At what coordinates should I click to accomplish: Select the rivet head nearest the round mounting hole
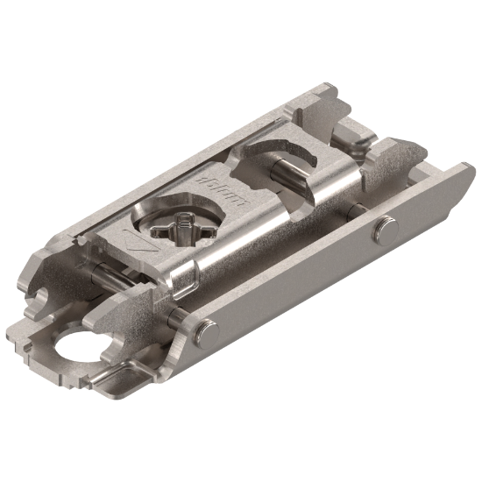point(204,332)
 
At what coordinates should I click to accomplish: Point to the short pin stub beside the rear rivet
point(358,211)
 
